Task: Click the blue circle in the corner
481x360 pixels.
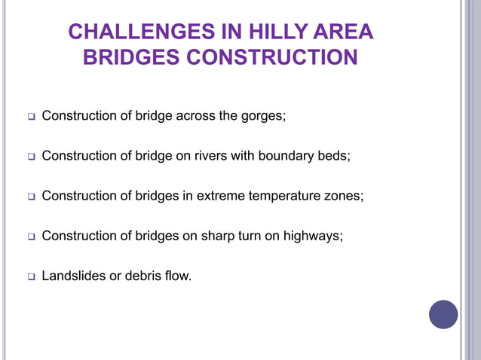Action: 443,314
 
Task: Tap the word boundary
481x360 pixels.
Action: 290,156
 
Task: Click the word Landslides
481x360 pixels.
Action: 73,276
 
